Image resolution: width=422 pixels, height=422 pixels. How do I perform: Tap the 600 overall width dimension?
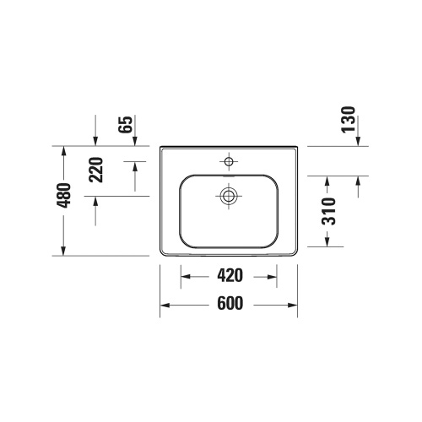229,305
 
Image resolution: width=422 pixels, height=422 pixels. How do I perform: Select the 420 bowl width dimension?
229,276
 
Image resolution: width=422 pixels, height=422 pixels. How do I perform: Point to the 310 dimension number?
329,211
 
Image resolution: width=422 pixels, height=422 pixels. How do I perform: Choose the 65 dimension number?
125,126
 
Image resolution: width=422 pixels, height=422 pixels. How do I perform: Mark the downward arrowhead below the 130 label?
357,141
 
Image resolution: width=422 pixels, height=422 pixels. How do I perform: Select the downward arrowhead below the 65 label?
95,141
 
